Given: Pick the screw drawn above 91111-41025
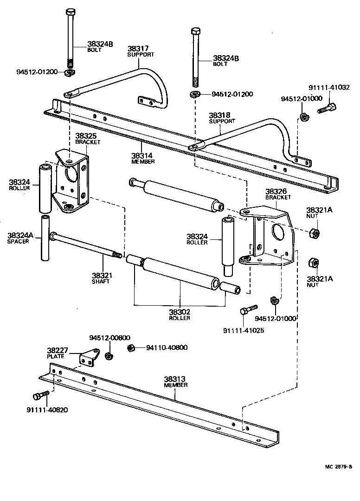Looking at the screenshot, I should coord(249,309).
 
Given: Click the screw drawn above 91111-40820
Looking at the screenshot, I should coord(40,395).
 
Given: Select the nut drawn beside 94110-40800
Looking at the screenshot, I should coord(131,347).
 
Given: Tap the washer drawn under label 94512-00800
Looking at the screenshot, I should coord(109,356).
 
